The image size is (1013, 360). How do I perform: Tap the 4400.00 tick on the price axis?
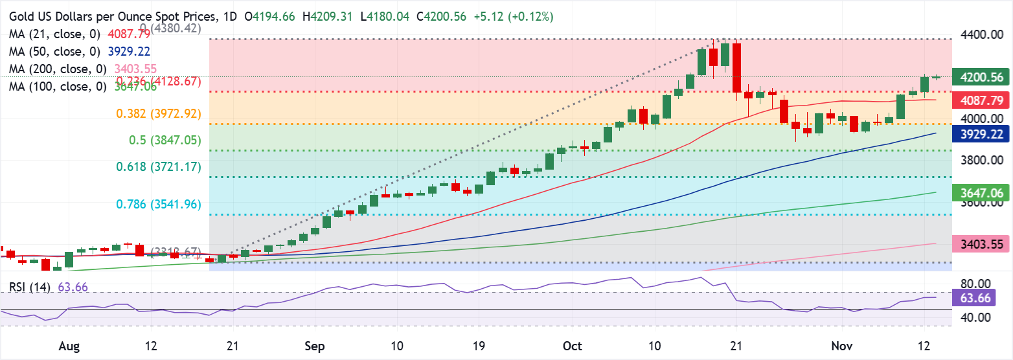click(x=978, y=34)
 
